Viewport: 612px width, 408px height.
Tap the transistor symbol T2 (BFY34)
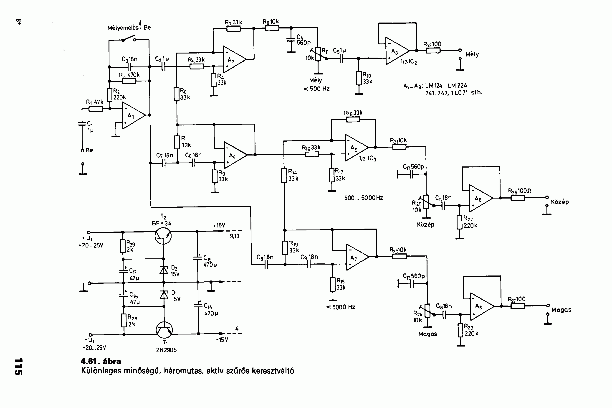[163, 235]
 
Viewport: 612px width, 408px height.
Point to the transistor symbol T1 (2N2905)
[164, 329]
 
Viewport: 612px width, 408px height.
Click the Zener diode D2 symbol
[164, 270]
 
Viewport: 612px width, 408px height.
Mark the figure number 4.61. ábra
[101, 361]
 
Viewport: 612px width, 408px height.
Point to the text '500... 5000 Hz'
[364, 198]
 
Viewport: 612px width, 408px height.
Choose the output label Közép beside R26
[560, 202]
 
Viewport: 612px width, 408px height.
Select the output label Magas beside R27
[561, 310]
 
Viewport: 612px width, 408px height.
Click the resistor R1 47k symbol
[95, 109]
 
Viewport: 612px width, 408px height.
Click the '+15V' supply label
[219, 225]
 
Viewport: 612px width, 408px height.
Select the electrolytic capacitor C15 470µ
[197, 258]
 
